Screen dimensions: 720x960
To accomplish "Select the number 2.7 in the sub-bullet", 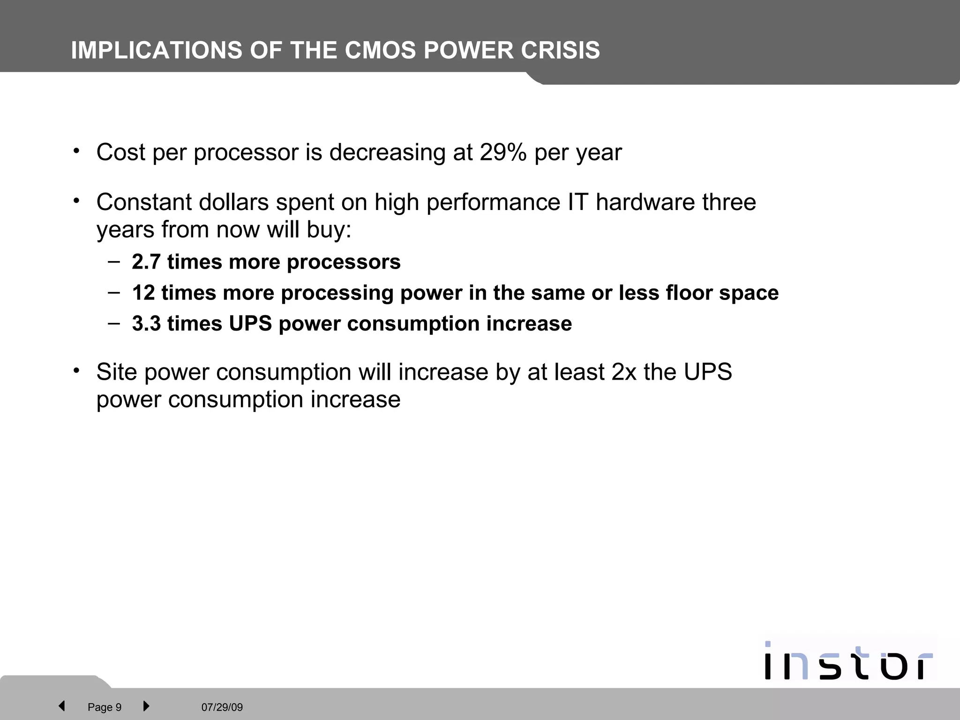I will click(146, 262).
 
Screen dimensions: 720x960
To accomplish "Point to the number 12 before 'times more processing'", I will click(143, 292).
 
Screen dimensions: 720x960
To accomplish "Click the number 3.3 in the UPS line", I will click(146, 323).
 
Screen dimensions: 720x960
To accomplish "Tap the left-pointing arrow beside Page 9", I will click(61, 706).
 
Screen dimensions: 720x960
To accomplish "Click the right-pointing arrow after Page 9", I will click(146, 706).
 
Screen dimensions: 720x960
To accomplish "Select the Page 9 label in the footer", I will click(105, 707).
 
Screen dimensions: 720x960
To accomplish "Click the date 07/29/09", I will click(222, 707).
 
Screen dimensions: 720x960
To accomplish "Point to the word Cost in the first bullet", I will click(120, 152).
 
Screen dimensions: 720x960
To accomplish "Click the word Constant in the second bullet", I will click(144, 202).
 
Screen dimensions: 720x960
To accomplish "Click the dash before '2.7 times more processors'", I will click(113, 261).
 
